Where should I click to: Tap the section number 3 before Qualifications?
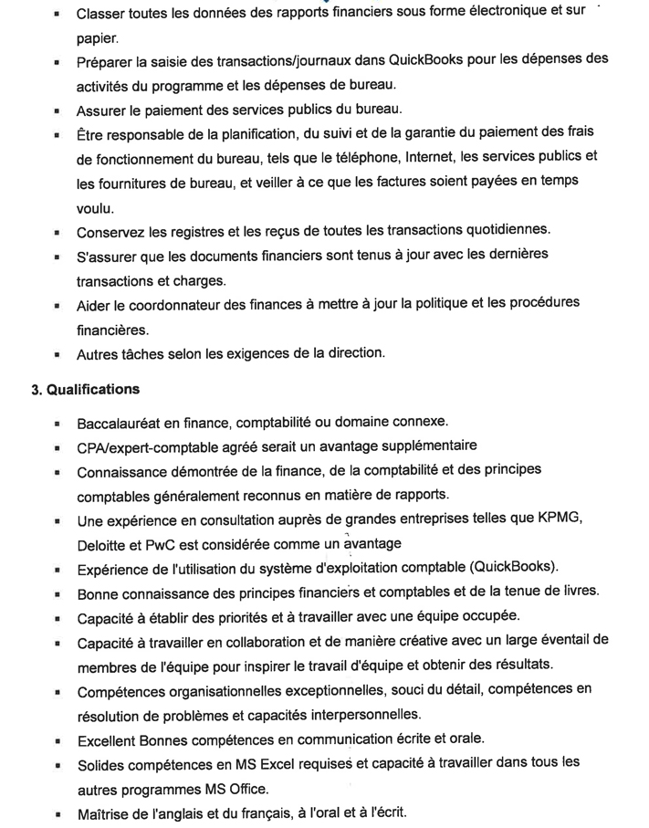(37, 389)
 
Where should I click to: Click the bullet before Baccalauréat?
(57, 424)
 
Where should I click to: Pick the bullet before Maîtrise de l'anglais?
(57, 812)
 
